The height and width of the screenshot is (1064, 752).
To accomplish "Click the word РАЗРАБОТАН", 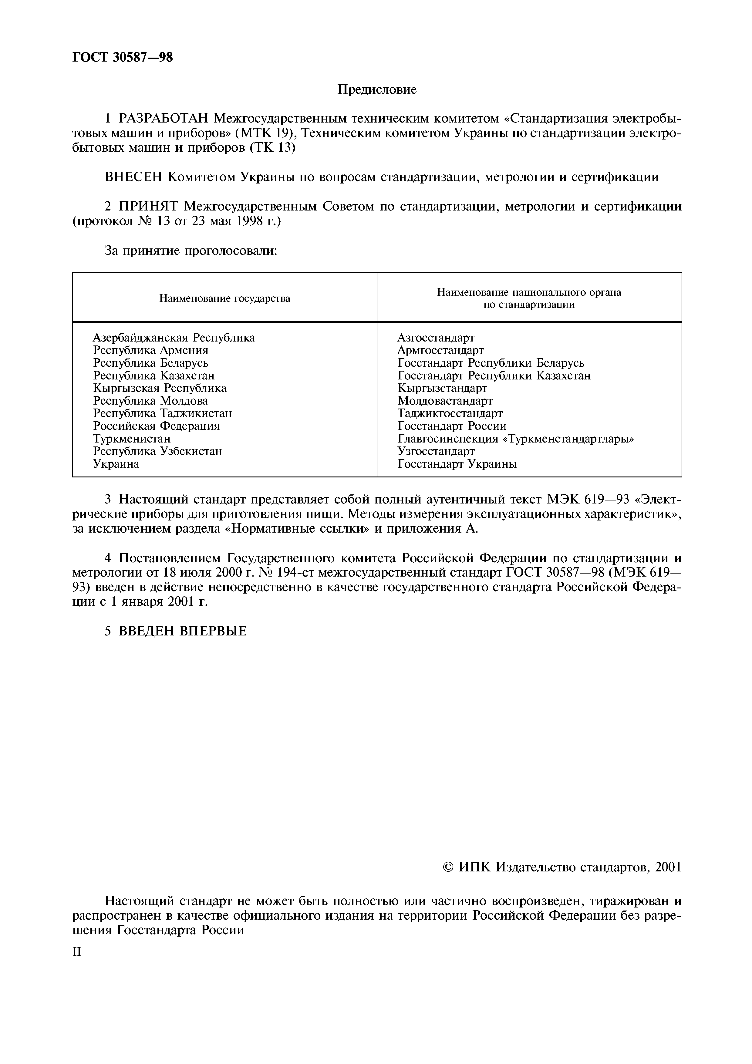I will (x=161, y=119).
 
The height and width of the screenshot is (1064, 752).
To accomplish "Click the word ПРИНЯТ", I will (x=149, y=206).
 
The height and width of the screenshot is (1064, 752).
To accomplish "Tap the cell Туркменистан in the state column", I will (x=132, y=438).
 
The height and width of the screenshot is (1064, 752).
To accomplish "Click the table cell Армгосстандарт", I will (x=440, y=350).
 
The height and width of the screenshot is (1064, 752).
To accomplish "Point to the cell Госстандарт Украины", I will (x=457, y=464).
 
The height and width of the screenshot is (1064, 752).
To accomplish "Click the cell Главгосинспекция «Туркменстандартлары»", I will (x=515, y=438).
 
